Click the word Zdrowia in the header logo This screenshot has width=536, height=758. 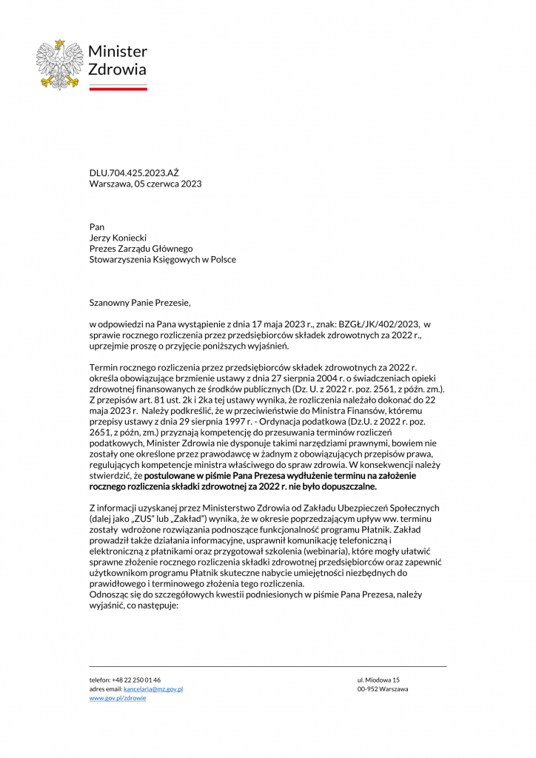(117, 70)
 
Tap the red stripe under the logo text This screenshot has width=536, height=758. (118, 88)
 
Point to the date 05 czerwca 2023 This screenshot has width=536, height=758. (168, 184)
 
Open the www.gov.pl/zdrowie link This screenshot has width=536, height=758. (118, 698)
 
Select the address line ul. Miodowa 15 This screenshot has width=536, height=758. (378, 680)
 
